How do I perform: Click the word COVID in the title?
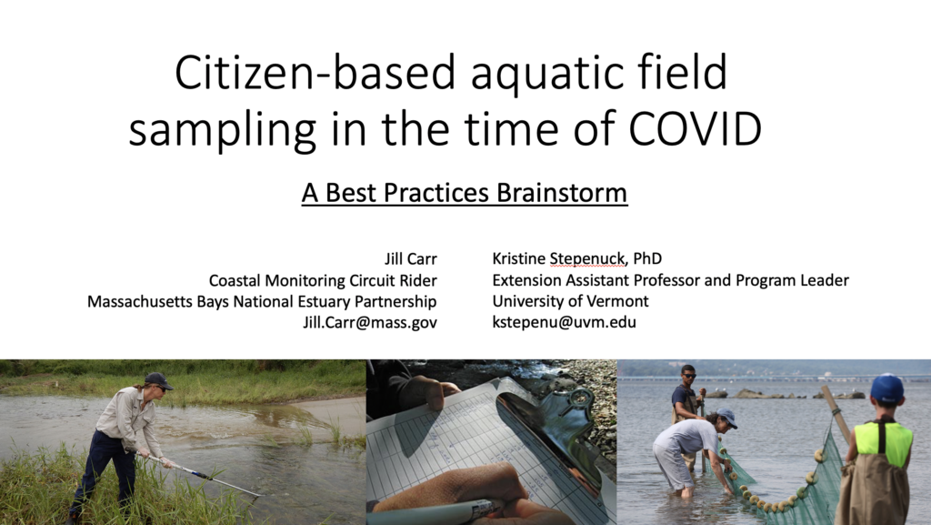(x=695, y=128)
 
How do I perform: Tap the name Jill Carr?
(x=410, y=259)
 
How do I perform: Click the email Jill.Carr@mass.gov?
(x=370, y=322)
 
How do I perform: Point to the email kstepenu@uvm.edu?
(x=564, y=322)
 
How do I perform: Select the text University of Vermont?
(x=570, y=301)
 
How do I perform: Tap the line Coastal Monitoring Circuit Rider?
(x=323, y=280)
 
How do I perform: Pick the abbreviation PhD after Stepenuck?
(x=647, y=258)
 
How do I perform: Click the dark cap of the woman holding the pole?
(x=158, y=380)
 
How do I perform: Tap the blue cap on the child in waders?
(x=887, y=389)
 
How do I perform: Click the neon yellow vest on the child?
(x=883, y=442)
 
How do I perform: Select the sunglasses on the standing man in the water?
(x=689, y=376)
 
